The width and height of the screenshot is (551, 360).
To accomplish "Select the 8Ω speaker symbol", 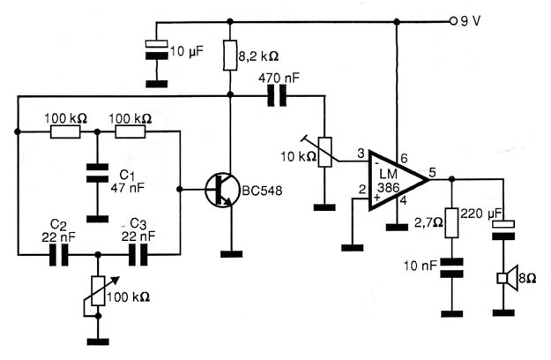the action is click(x=508, y=278).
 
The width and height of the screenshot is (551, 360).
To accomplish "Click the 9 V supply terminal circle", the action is click(x=453, y=21).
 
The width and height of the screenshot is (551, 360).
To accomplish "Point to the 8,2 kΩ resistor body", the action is click(x=230, y=56).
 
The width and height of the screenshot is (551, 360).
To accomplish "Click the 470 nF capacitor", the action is click(x=277, y=95).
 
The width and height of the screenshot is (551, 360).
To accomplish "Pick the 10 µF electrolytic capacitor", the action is click(x=157, y=49).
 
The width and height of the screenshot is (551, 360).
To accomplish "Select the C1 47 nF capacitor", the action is click(x=98, y=173).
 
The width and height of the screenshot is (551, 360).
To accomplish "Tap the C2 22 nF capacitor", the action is click(x=59, y=254).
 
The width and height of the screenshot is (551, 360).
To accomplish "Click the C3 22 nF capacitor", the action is click(x=138, y=254).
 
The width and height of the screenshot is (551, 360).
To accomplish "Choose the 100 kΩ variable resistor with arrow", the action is click(x=98, y=291).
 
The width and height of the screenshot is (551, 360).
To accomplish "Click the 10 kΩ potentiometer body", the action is click(x=324, y=152).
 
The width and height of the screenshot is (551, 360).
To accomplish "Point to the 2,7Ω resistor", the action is click(x=452, y=223).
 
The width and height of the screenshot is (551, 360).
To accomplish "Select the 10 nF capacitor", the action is click(x=452, y=268).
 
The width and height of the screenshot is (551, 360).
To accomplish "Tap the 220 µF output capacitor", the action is click(x=503, y=230).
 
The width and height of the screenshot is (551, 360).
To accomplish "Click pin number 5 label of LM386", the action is click(x=432, y=172).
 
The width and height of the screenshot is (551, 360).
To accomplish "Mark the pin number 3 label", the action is click(x=361, y=154).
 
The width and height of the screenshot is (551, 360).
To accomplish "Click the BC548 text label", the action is click(x=262, y=191).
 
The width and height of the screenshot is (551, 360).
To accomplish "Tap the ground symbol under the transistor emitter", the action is click(x=231, y=254).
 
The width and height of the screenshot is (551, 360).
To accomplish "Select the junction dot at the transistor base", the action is click(x=180, y=190).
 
